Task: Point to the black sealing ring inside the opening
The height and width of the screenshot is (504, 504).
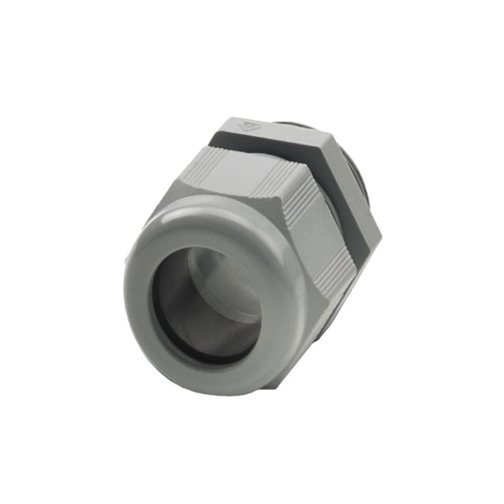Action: coord(165,328)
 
